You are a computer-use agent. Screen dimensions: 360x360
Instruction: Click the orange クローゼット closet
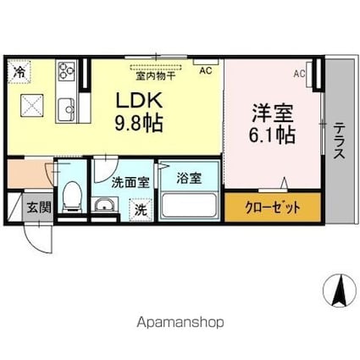point(272,207)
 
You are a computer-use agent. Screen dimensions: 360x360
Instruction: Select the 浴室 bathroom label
point(189,179)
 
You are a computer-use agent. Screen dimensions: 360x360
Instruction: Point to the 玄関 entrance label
point(36,206)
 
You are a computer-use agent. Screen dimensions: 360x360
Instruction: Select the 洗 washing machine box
point(137,209)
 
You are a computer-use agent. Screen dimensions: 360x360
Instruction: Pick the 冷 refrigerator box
point(18,73)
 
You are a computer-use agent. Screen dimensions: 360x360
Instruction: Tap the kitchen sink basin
point(66,107)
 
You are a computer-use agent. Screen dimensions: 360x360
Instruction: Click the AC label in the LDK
point(205,73)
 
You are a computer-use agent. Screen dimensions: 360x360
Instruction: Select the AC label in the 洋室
point(299,75)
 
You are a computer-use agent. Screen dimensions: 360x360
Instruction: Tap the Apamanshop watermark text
point(180,323)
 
